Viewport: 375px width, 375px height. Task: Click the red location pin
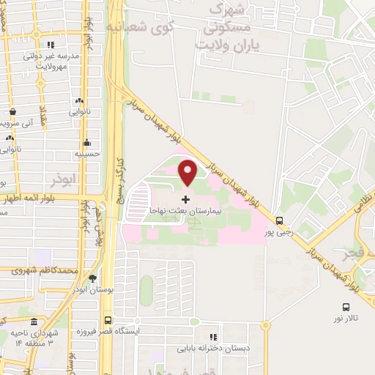(x=188, y=172)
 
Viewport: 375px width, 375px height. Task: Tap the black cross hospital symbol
(x=185, y=198)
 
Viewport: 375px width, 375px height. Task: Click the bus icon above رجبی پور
(x=279, y=220)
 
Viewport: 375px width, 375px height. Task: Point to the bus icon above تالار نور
(x=346, y=307)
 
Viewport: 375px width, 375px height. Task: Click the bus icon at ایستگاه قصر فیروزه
(x=108, y=320)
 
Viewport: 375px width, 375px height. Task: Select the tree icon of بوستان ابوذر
(x=92, y=279)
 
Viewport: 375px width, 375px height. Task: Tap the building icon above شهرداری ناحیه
(x=34, y=322)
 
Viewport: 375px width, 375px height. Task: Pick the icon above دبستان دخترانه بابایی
(x=212, y=327)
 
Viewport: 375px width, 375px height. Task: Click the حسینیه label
(x=87, y=155)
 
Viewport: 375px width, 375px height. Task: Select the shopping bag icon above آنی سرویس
(x=13, y=112)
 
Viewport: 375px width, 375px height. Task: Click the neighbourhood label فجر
(x=351, y=254)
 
